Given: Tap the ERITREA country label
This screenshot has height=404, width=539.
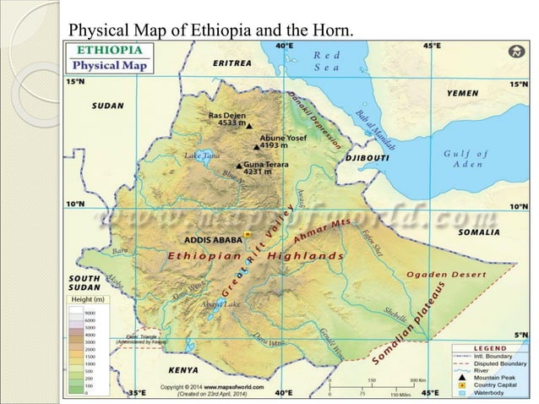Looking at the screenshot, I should click(x=231, y=63).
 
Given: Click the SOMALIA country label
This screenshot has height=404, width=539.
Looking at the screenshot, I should click(x=478, y=232).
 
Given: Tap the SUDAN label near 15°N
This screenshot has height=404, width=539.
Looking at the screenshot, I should click(x=108, y=106).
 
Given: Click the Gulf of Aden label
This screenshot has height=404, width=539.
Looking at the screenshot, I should click(x=465, y=158).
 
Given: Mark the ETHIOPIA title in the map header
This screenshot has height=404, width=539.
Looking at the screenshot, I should click(x=106, y=49).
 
